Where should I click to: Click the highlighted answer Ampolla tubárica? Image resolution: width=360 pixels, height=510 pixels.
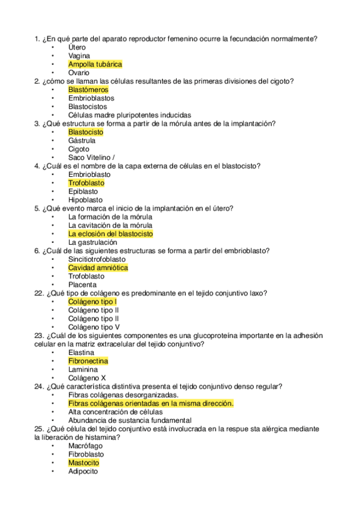(x=95, y=64)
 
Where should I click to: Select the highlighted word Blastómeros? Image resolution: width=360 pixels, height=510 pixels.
(x=88, y=90)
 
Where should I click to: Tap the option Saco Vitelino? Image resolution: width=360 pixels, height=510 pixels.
(x=91, y=158)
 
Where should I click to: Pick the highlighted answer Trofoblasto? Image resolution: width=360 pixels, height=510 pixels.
(x=86, y=183)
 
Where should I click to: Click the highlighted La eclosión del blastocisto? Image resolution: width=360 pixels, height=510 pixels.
(x=111, y=233)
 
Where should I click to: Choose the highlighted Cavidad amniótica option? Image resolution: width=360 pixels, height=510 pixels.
(x=98, y=268)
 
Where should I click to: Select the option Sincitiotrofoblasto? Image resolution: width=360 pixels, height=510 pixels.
(x=101, y=259)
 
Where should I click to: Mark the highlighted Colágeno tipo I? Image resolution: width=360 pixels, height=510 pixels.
(x=93, y=301)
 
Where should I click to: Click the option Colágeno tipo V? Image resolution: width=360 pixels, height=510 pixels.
(x=93, y=327)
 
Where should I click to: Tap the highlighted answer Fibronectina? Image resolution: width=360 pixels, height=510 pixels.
(x=88, y=361)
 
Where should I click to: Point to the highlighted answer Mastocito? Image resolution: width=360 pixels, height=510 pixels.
(x=84, y=463)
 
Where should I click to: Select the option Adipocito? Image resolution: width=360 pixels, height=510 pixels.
(x=83, y=472)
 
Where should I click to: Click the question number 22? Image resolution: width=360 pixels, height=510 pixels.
(x=38, y=293)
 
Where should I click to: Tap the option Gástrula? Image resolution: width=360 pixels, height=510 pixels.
(x=82, y=141)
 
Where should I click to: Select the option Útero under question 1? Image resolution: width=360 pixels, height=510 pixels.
(x=77, y=47)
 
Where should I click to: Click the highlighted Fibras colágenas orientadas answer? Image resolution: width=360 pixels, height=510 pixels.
(x=151, y=404)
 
